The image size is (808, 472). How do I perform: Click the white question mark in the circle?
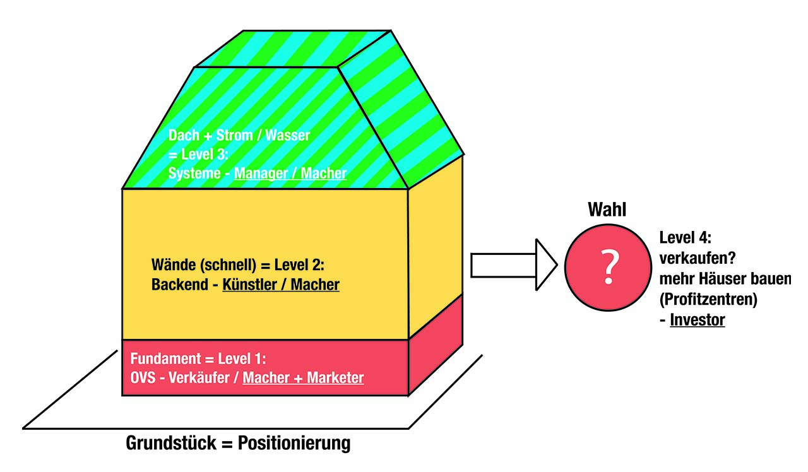(x=607, y=266)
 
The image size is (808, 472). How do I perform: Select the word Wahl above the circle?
(x=607, y=210)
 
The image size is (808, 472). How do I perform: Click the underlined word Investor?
(x=698, y=320)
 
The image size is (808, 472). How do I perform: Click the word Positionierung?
(x=294, y=443)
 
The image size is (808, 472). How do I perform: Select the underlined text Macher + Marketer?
(x=303, y=378)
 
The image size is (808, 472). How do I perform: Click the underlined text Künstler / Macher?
(x=281, y=285)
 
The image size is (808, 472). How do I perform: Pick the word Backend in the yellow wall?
(x=179, y=285)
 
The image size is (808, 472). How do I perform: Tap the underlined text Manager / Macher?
(x=290, y=174)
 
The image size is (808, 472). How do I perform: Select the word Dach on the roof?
(x=183, y=135)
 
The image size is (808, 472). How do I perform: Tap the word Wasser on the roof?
(x=288, y=135)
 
